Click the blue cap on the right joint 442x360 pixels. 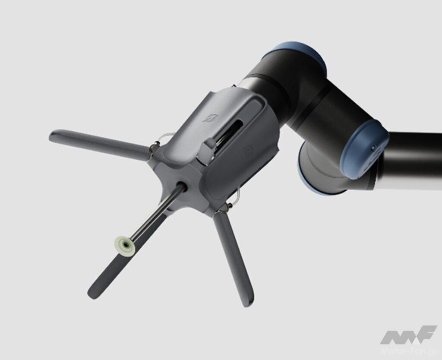[363, 149]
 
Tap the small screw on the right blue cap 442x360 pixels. [373, 148]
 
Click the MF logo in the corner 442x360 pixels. [408, 335]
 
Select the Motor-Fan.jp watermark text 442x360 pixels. [409, 351]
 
